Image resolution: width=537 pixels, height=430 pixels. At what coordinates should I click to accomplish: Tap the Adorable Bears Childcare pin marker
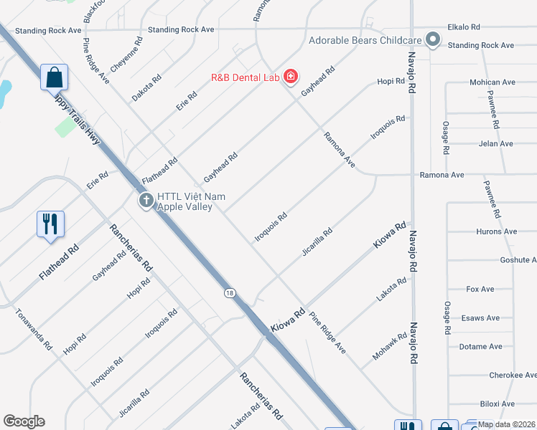[433, 39]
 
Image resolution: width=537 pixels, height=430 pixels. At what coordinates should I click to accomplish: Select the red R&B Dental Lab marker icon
[290, 76]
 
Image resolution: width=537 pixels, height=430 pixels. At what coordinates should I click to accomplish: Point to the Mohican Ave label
[493, 83]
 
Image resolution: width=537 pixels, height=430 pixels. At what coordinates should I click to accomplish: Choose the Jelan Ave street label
[495, 144]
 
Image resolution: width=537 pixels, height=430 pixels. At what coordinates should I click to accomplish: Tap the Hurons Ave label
[496, 231]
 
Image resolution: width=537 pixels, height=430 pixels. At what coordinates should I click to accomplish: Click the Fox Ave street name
[480, 290]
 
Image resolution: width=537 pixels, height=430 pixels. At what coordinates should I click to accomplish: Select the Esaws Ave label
[480, 318]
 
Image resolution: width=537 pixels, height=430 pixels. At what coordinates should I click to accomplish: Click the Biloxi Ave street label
[498, 404]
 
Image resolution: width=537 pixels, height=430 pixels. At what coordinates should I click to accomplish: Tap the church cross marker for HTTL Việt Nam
[146, 201]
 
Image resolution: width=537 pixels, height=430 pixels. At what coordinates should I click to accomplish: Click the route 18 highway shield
[229, 292]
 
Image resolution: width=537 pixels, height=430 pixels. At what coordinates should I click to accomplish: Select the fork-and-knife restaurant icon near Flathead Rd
[50, 224]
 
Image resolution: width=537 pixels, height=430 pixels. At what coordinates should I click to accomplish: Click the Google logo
[24, 421]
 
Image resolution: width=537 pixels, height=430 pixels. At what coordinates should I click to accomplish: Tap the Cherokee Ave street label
[512, 376]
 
